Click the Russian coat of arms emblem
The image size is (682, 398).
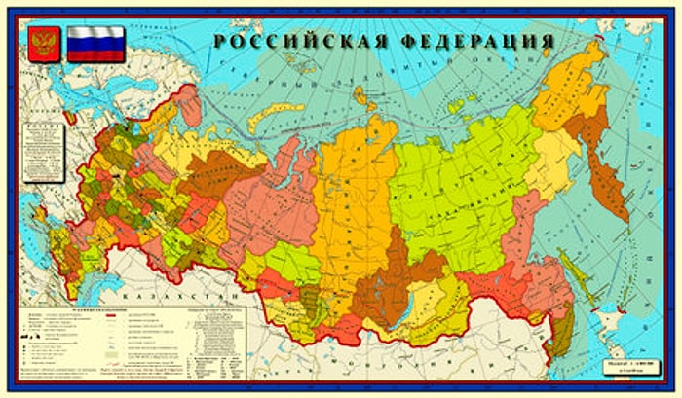(x=41, y=44)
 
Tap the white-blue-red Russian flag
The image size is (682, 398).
(x=95, y=44)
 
